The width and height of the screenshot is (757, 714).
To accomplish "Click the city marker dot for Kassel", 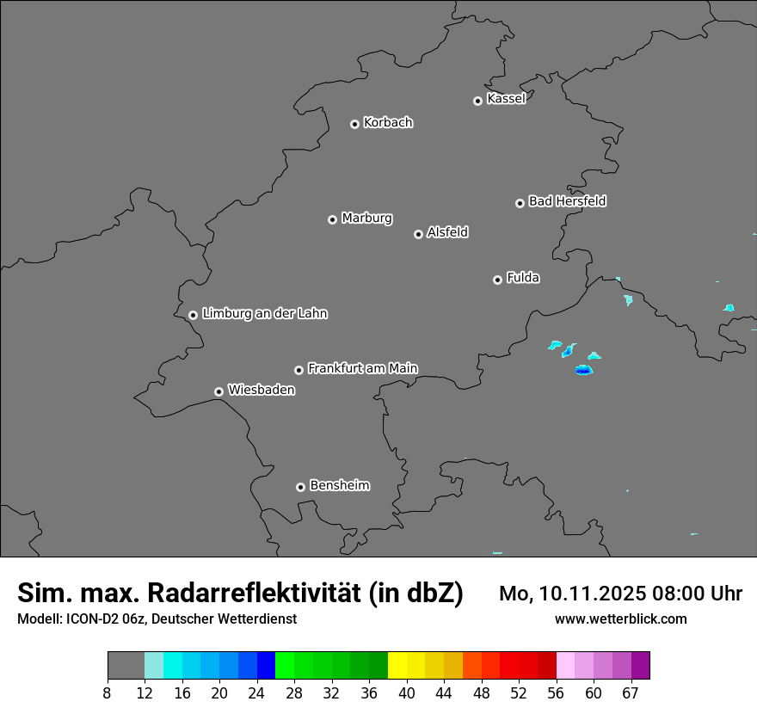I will (477, 101).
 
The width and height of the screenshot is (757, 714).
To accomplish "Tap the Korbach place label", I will (388, 123).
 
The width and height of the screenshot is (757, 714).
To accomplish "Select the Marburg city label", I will (366, 219).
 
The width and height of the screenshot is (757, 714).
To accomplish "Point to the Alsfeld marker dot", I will (418, 234).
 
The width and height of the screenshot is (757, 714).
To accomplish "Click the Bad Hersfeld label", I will (567, 201).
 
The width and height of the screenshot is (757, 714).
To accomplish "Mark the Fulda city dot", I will (497, 280).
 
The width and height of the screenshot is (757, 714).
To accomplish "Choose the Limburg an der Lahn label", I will (264, 314).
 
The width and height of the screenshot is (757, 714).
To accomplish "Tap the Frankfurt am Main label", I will (362, 368).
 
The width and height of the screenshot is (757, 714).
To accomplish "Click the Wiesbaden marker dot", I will (218, 391).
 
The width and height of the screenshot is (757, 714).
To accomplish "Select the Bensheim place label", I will (339, 485).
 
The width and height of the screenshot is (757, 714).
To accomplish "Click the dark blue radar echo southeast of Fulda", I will (584, 371).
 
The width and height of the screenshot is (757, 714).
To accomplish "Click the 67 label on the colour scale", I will (631, 694).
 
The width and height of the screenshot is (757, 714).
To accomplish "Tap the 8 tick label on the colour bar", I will (107, 694).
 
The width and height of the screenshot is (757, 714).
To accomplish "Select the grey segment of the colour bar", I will (126, 666).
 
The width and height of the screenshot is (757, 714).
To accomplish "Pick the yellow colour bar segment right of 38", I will (397, 666).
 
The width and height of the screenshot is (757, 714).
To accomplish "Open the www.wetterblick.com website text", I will (620, 619).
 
